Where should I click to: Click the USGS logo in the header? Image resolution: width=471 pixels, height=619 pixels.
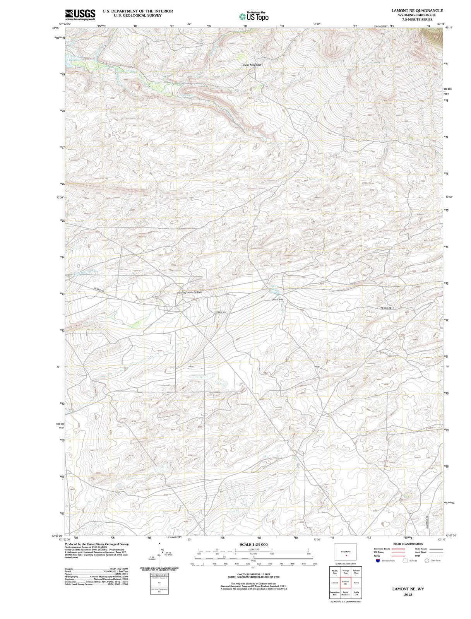(x=80, y=14)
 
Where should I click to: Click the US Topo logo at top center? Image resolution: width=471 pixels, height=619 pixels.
(x=254, y=16)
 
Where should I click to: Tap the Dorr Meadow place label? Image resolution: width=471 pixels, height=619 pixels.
(x=252, y=65)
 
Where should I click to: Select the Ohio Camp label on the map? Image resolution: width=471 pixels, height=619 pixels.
(x=278, y=300)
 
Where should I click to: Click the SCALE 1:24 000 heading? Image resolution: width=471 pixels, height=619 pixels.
(x=253, y=544)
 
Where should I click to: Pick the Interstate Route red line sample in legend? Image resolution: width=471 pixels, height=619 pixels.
(x=395, y=549)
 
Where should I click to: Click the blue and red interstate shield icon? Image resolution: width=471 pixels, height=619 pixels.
(x=378, y=561)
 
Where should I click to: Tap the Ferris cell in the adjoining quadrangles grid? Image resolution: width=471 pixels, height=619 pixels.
(x=356, y=582)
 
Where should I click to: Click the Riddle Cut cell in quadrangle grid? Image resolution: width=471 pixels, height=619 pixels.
(x=356, y=593)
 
